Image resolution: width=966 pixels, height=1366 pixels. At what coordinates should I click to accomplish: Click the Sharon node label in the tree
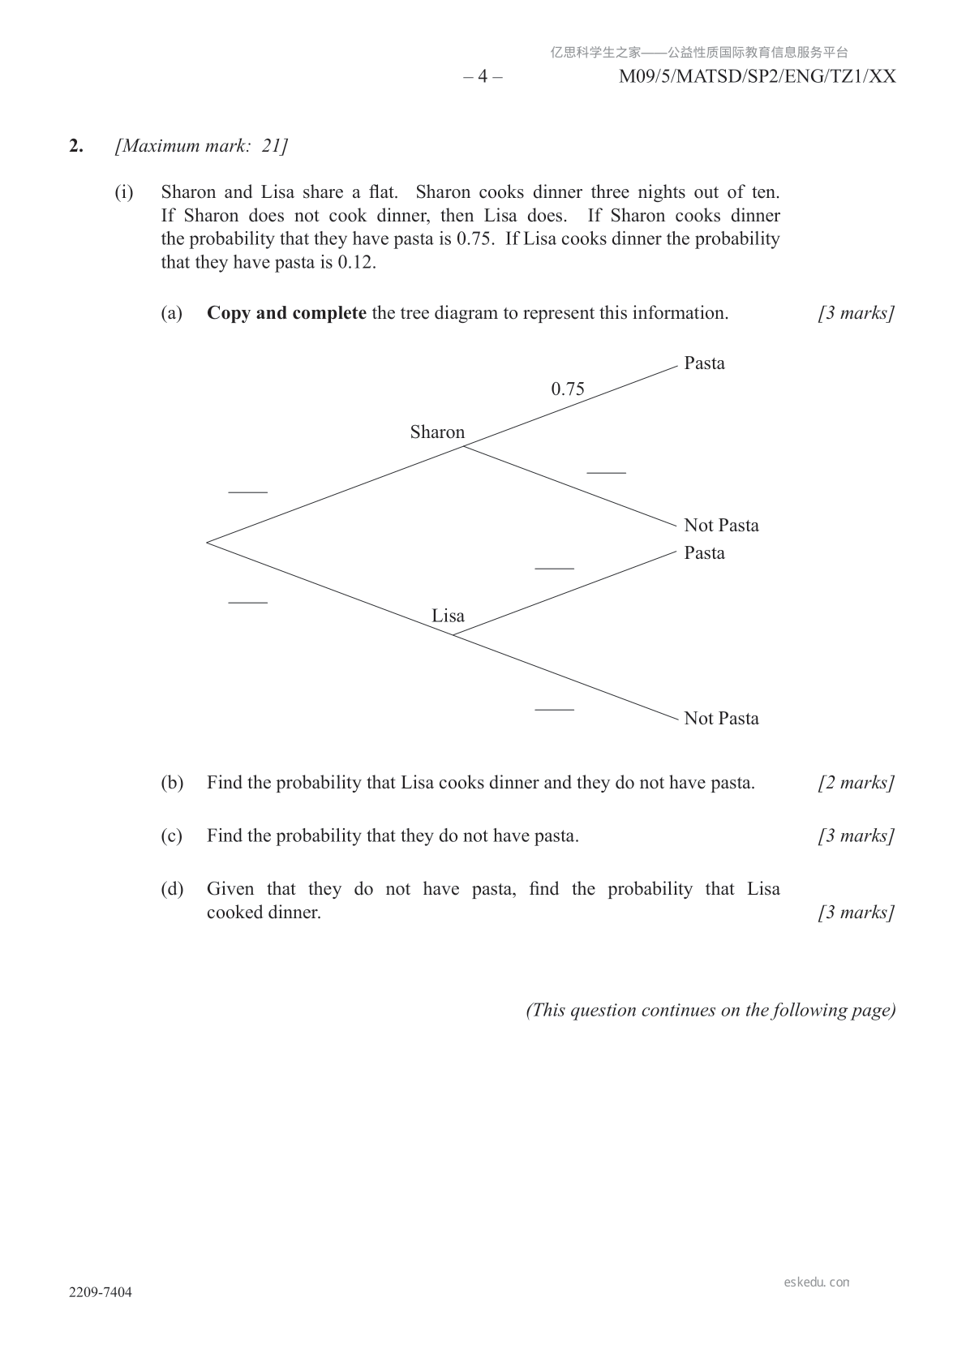[x=437, y=432]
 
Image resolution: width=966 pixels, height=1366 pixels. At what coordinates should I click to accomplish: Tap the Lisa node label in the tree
[x=448, y=616]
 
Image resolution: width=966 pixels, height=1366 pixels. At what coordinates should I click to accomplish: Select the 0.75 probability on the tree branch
[x=568, y=389]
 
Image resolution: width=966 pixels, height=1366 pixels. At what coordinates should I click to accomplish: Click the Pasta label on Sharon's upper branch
[x=704, y=363]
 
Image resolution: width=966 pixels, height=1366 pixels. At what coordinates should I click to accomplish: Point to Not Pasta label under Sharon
[x=721, y=526]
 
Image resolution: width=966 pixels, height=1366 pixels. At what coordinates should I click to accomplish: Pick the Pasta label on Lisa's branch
[x=704, y=553]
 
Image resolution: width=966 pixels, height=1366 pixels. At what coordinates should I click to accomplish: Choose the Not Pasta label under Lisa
[x=721, y=719]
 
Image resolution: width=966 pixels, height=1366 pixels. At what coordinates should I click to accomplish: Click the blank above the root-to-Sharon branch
[x=247, y=491]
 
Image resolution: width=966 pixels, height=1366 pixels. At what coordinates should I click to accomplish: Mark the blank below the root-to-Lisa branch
[x=247, y=602]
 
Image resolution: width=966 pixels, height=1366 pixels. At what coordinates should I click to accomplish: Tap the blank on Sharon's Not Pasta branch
[x=606, y=471]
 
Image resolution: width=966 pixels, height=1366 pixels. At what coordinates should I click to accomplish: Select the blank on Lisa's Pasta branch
[x=554, y=568]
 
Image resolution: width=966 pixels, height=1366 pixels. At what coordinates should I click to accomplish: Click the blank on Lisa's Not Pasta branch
[x=554, y=709]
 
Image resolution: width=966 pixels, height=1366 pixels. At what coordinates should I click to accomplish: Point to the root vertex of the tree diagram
[x=208, y=542]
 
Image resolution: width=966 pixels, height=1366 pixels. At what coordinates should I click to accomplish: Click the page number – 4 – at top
[x=483, y=77]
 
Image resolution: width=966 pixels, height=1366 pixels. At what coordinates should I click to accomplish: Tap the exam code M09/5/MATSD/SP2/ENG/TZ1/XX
[x=757, y=77]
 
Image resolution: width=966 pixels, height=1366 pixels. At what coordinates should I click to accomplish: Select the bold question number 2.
[x=76, y=146]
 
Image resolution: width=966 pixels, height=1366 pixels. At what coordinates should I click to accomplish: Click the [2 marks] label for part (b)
[x=856, y=783]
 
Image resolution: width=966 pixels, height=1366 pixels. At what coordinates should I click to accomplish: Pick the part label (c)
[x=171, y=836]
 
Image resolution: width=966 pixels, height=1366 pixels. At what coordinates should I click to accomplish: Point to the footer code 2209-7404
[x=101, y=1292]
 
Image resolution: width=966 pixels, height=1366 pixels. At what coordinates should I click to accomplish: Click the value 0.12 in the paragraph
[x=356, y=263]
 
